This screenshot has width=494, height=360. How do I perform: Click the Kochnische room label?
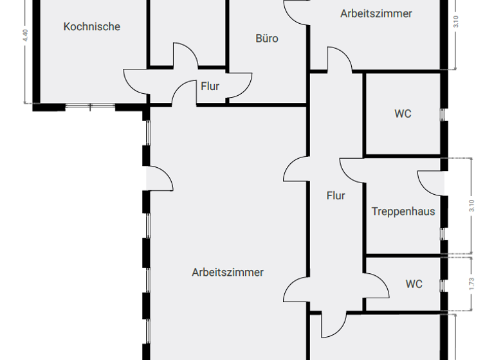[x=92, y=26]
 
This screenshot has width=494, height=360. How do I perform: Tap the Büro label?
[x=267, y=39]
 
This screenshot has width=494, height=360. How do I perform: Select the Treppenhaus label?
[x=403, y=212]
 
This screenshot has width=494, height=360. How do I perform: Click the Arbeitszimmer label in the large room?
[x=228, y=272]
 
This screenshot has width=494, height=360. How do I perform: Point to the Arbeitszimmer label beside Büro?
[x=376, y=14]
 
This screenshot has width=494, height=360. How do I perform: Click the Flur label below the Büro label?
[x=210, y=85]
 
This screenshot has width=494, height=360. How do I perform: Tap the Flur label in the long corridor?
[x=336, y=196]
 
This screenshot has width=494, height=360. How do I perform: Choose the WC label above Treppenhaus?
[x=403, y=114]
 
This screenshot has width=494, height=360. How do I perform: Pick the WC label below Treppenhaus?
[x=414, y=283]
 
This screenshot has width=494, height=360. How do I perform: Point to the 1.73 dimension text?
[x=472, y=283]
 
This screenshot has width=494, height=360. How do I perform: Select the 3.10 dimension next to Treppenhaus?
[x=472, y=206]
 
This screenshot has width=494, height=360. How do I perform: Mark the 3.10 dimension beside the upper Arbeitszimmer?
[x=456, y=21]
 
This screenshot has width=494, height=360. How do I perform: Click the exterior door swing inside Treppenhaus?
[x=430, y=182]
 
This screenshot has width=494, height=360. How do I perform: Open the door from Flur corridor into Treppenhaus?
[x=352, y=170]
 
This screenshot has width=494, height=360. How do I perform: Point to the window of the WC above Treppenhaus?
[x=443, y=114]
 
